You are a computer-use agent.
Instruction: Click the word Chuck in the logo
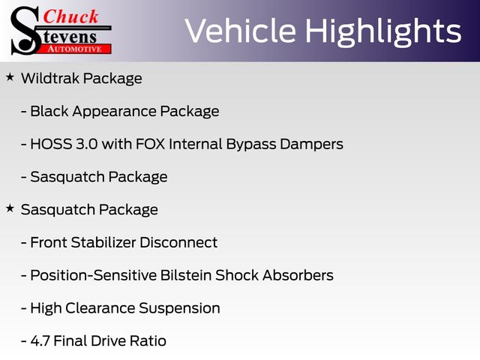pos(70,16)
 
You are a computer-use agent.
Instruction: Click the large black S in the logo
pos(25,31)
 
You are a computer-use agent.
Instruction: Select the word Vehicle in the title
pos(241,31)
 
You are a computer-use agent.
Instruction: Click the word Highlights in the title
pos(383,32)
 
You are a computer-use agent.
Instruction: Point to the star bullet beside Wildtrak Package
pos(10,76)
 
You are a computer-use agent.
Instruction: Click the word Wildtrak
pos(50,78)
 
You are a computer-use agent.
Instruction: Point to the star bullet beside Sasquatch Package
pos(10,208)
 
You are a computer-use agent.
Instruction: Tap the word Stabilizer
pos(103,242)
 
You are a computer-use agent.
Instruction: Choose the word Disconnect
pos(178,242)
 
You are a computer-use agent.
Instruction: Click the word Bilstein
pos(186,275)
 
